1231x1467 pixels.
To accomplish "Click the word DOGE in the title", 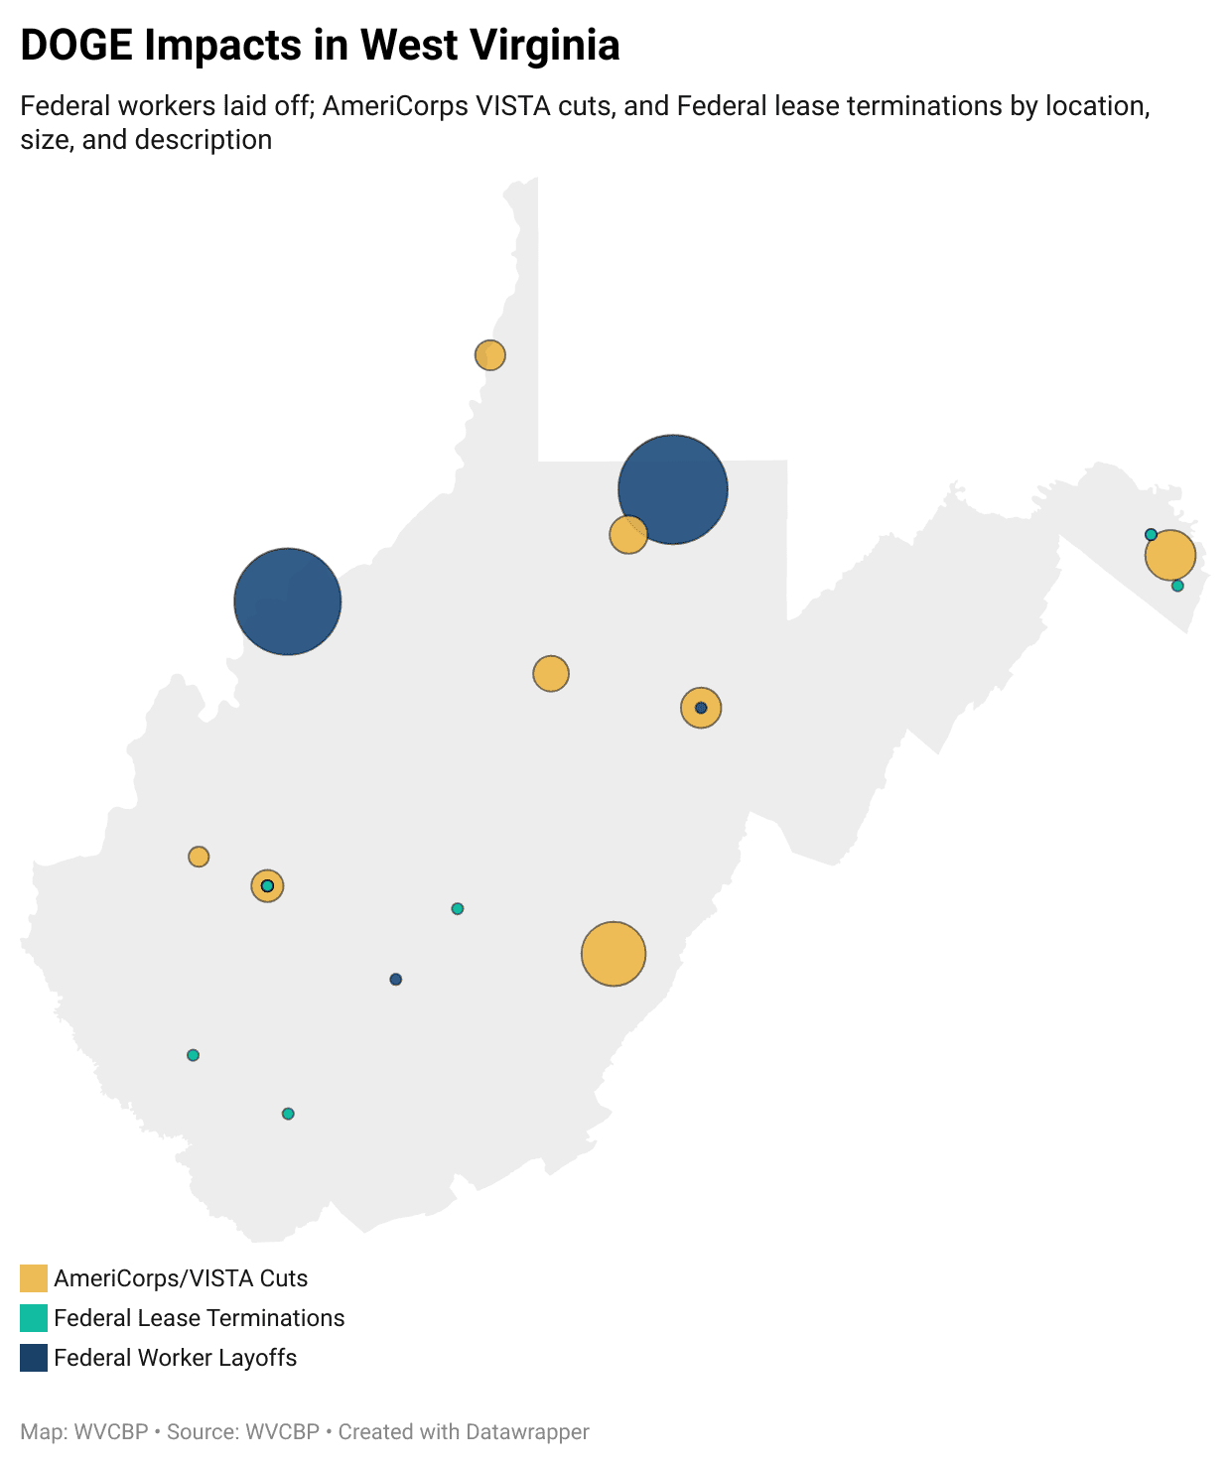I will [76, 46].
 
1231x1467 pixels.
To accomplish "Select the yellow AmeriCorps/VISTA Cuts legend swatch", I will [34, 1278].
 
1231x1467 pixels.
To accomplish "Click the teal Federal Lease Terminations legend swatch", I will [34, 1318].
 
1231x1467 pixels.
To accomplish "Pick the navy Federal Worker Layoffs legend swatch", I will [34, 1358].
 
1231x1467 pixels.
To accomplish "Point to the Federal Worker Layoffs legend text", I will [176, 1358].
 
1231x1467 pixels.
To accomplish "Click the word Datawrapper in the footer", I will [527, 1432].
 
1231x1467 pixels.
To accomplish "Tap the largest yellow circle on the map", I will [614, 954].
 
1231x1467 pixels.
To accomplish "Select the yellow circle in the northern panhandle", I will [490, 354].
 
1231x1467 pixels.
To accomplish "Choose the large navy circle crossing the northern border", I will [673, 488].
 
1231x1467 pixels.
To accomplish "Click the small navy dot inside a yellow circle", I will [701, 708].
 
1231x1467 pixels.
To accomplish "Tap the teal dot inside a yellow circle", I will [267, 885].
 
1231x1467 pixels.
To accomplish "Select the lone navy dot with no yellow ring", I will [396, 980].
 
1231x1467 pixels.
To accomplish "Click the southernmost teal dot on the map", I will [288, 1114].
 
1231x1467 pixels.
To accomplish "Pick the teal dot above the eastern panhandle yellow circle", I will [1151, 535].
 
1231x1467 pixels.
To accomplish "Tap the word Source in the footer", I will [194, 1432].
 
